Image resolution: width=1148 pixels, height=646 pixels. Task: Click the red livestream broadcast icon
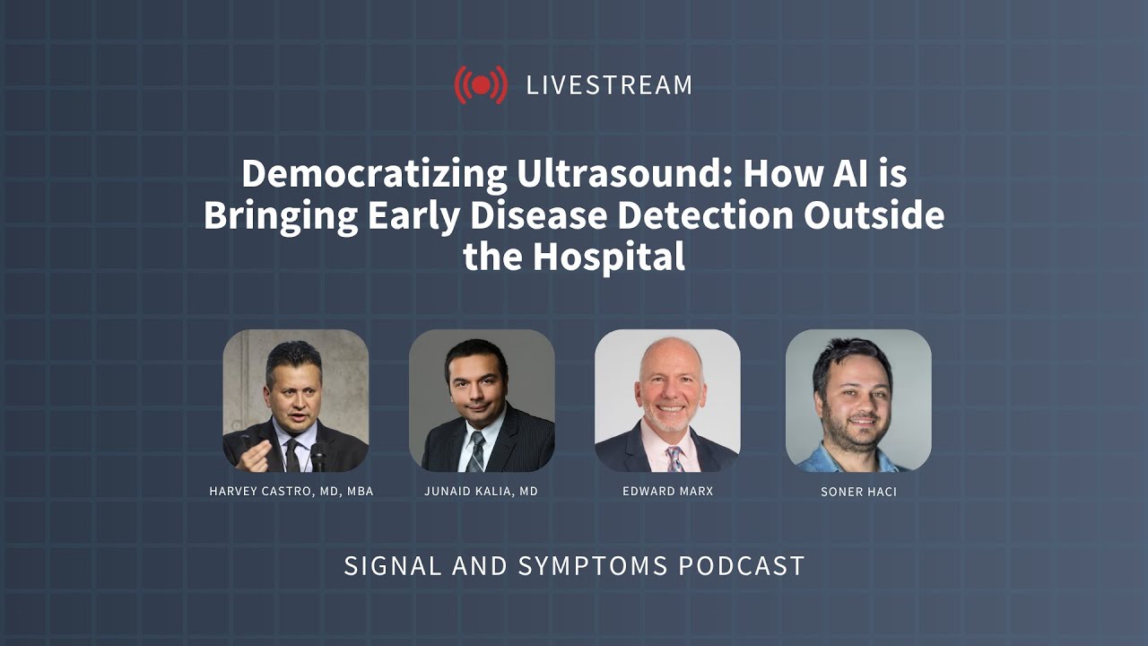481,85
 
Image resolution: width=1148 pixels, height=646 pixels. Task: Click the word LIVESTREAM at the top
609,85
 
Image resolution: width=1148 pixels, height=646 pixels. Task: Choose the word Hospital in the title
609,258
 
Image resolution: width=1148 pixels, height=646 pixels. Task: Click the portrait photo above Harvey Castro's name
296,400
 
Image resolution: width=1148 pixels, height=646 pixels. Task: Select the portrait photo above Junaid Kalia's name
482,400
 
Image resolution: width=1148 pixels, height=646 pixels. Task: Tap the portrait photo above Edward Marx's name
667,400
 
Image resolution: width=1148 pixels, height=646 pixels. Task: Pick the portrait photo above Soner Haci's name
858,400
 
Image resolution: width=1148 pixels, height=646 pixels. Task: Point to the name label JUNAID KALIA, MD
482,492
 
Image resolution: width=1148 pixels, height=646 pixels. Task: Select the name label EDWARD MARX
667,492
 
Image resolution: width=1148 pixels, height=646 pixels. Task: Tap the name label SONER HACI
858,492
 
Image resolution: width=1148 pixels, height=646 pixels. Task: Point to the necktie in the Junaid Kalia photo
476,450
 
